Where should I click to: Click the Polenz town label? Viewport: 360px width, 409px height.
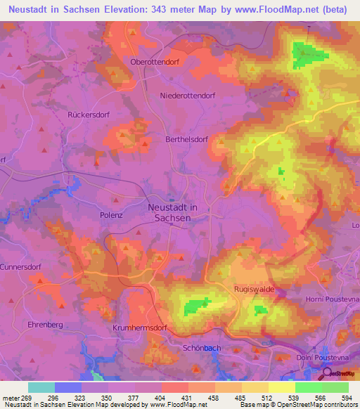pos(112,215)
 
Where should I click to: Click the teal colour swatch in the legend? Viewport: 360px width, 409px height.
pos(41,387)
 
